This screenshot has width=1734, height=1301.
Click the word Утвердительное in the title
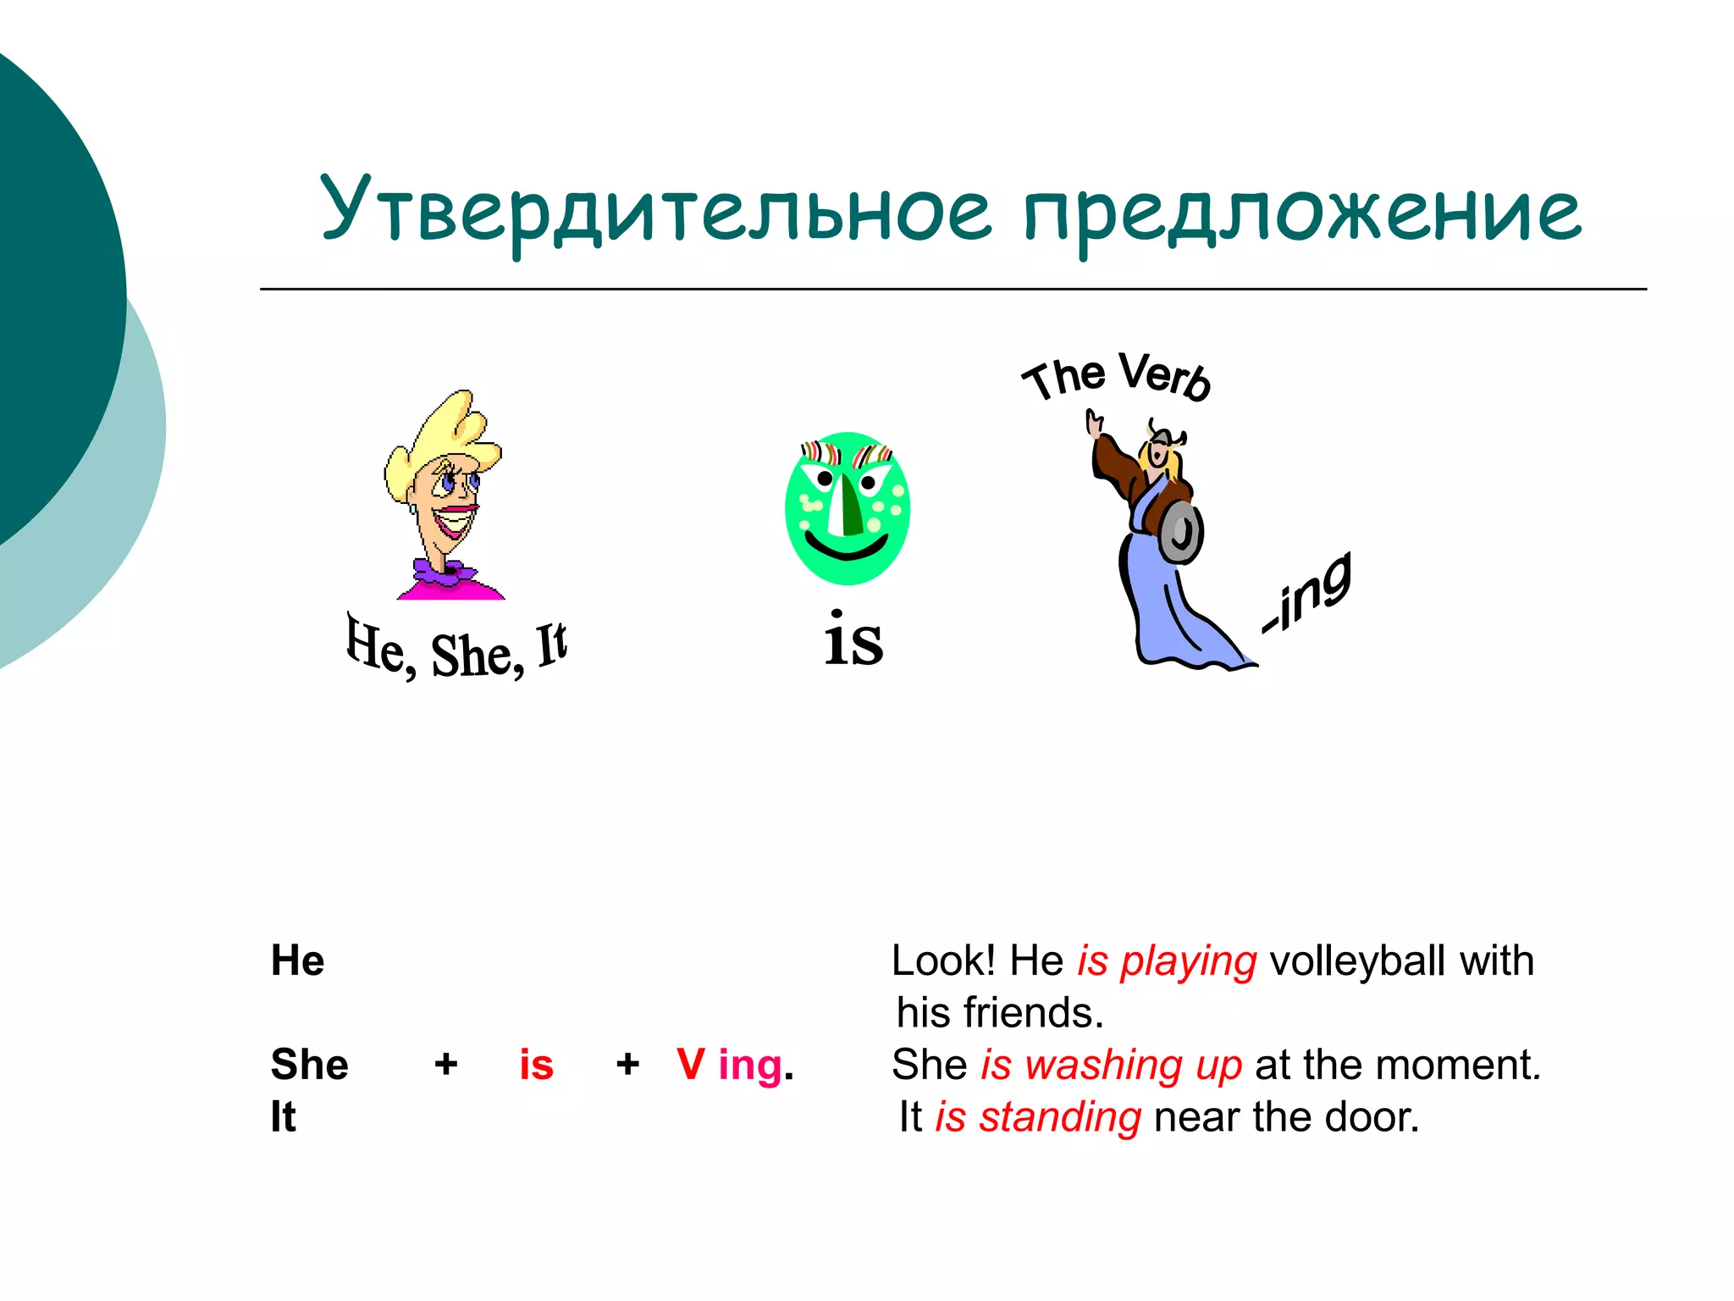656,210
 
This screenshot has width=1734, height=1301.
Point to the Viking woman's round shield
1181,532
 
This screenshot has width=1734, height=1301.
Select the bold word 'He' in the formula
297,961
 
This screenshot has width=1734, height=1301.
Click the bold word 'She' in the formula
309,1065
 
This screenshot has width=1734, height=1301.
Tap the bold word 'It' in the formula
283,1117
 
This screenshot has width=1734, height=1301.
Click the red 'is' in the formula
536,1065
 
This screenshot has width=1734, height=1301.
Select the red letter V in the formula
690,1065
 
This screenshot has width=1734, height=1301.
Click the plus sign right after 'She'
446,1065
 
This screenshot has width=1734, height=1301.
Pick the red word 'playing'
1188,963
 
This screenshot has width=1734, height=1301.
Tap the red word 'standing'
1060,1118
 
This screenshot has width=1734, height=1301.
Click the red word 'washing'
1103,1066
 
